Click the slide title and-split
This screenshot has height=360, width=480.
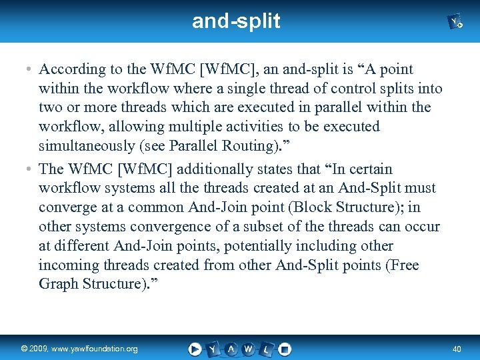tap(236, 21)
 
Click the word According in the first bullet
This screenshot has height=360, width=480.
tap(71, 69)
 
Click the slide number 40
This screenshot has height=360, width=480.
tap(457, 349)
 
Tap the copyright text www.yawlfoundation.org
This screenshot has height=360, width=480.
tap(79, 349)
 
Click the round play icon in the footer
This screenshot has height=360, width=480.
tap(195, 349)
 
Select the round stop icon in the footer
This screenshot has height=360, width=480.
tap(285, 349)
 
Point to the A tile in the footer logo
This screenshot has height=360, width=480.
tap(231, 349)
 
